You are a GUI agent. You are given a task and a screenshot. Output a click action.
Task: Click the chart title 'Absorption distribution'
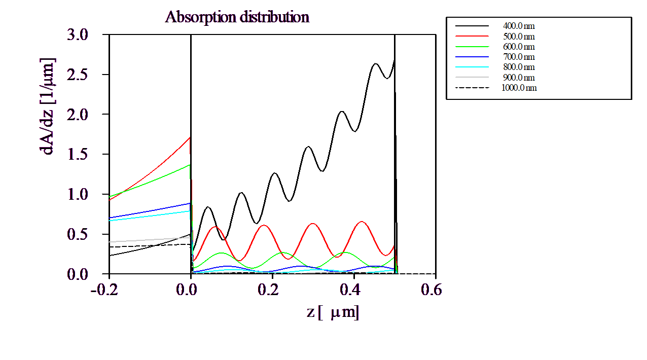[237, 17]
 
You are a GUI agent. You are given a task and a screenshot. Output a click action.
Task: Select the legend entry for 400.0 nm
[518, 25]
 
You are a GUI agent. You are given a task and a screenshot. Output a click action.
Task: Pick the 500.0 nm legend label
[518, 37]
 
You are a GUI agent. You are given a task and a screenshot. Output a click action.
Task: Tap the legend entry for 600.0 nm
[518, 47]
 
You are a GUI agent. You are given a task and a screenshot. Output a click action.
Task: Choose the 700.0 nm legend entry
[518, 57]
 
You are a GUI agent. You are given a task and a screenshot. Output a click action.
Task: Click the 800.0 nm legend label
[518, 67]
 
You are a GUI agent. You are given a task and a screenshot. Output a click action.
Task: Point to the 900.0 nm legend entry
[518, 78]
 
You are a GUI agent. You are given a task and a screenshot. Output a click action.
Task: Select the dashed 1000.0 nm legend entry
[519, 88]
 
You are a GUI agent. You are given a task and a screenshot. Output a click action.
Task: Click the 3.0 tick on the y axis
[77, 35]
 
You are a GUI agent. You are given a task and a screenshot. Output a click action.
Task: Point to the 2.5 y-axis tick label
[77, 75]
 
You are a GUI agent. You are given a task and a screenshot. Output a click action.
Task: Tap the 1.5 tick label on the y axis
[77, 155]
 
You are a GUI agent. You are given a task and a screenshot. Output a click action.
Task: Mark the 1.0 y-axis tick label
[77, 194]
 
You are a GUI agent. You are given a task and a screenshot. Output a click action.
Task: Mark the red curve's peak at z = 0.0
[190, 137]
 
